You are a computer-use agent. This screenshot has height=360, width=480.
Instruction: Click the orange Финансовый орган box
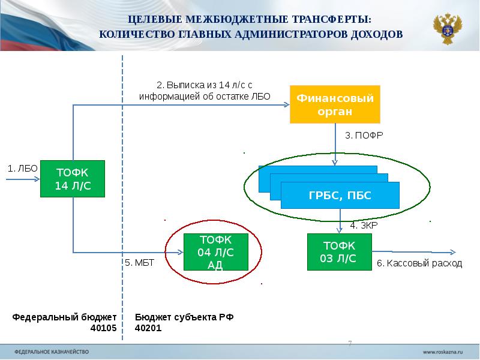(x=335, y=104)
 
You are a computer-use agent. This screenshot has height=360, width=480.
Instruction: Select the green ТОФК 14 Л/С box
(x=73, y=179)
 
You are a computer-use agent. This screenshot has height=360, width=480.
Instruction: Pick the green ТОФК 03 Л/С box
(x=339, y=252)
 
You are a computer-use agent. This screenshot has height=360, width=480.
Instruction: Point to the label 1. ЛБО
(x=22, y=169)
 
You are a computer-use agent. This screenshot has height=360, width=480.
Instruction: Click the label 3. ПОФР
(x=364, y=136)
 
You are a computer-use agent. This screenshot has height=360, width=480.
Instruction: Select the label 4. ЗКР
(x=363, y=226)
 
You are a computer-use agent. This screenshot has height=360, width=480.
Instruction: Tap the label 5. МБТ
(x=135, y=263)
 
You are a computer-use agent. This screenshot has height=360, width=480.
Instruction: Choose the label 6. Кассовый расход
(x=419, y=263)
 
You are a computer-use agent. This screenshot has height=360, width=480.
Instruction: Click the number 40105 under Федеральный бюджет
(x=103, y=328)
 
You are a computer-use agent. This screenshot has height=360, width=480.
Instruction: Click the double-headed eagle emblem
(x=448, y=28)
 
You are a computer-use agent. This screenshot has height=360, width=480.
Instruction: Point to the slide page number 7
(x=350, y=343)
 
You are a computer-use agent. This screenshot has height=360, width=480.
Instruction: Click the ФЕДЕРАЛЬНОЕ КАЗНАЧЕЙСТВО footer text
(x=51, y=350)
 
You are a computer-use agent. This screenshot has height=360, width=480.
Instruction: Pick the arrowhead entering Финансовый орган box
(x=286, y=105)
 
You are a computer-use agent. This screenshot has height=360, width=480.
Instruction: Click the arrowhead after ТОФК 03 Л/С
(x=452, y=252)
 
